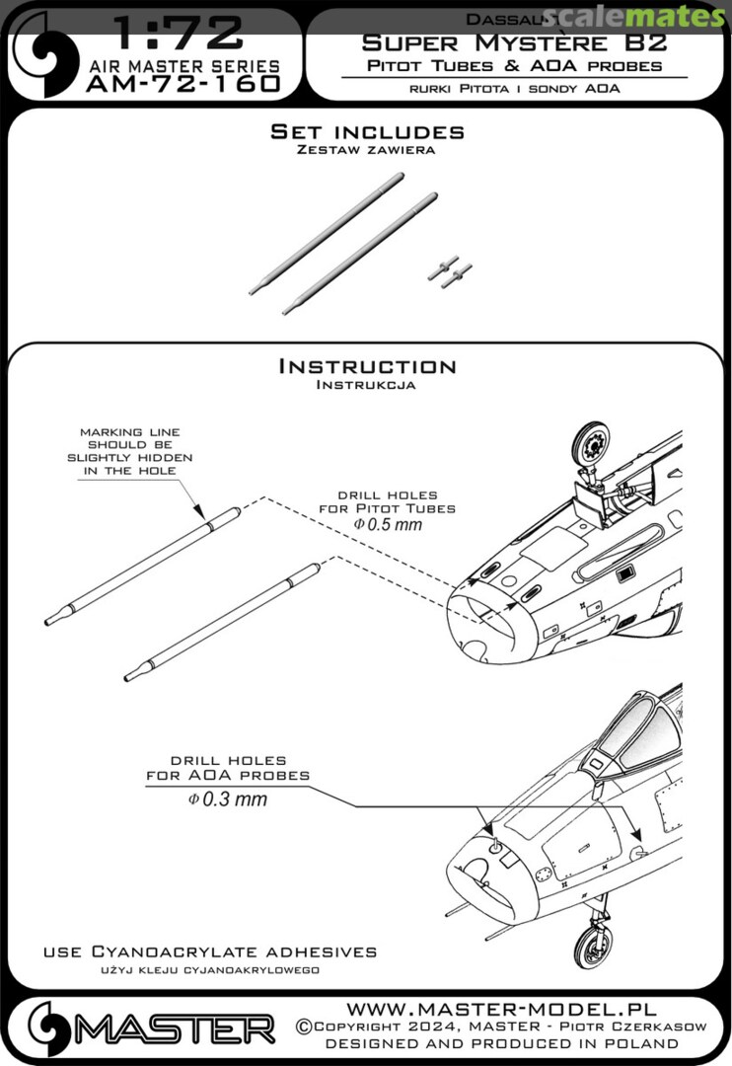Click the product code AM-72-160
[x=183, y=85]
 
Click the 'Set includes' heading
[x=367, y=132]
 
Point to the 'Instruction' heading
[x=367, y=366]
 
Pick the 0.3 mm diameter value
[x=233, y=799]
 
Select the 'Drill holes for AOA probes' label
[x=228, y=768]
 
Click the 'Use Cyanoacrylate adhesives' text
[x=210, y=952]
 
